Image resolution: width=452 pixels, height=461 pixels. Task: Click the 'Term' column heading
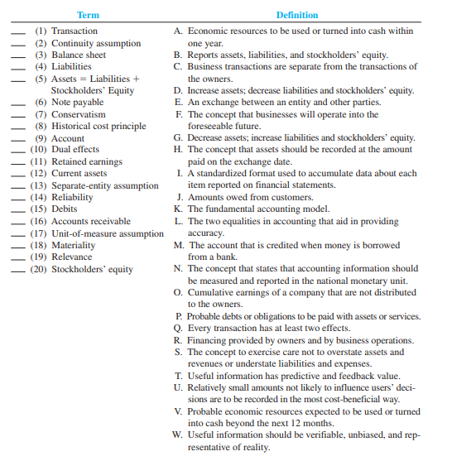88,15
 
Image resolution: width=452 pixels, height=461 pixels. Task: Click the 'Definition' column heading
297,15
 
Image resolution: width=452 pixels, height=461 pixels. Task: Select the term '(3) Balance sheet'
70,55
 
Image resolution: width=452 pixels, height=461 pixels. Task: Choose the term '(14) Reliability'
69,198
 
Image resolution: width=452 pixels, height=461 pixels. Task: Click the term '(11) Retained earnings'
76,162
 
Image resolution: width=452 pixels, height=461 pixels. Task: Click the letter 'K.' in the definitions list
180,209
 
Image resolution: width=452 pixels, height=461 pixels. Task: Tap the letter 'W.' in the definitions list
179,435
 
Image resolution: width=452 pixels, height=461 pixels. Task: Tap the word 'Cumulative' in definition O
212,292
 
